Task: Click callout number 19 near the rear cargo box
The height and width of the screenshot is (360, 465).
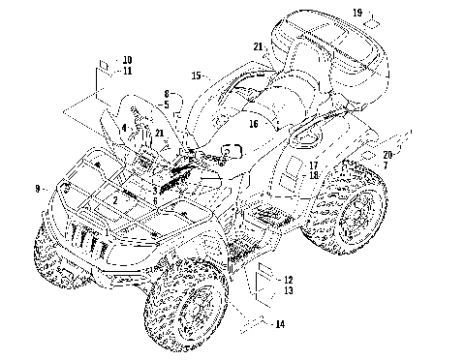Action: pos(357,13)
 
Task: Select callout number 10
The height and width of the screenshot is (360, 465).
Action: pos(127,60)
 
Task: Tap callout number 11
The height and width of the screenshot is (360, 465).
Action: pos(128,71)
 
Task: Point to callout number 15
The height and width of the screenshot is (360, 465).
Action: pos(196,76)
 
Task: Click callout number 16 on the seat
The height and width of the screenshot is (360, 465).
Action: pos(254,124)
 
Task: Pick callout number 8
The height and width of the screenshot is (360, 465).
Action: pos(167,94)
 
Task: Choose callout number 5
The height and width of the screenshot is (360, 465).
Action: pos(167,105)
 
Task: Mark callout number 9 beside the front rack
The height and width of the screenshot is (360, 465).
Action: pos(38,189)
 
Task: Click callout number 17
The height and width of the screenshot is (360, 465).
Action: pos(314,165)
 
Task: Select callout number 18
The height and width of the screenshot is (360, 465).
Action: pos(314,175)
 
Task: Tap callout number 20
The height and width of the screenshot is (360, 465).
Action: pos(387,155)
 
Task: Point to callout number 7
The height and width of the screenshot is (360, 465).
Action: pos(386,165)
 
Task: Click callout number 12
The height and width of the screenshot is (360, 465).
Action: pos(289,280)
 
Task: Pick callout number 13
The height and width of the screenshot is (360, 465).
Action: pos(289,290)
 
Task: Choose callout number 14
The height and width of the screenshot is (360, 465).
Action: pos(280,324)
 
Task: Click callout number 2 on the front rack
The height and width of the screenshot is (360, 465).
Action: pos(115,200)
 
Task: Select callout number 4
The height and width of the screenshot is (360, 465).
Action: pos(124,128)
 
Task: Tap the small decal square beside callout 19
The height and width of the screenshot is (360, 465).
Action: pos(372,24)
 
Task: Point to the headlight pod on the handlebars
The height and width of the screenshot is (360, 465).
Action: pos(232,151)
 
